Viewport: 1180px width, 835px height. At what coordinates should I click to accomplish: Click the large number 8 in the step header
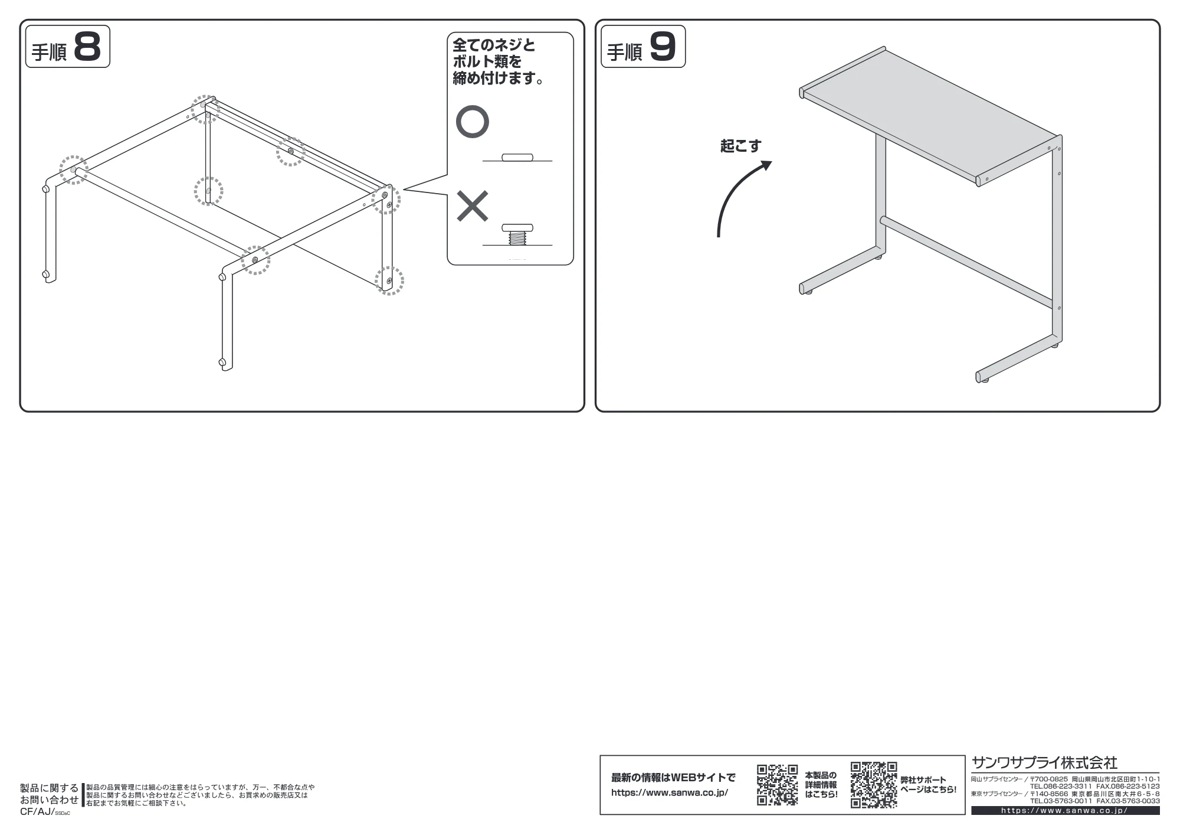coord(87,47)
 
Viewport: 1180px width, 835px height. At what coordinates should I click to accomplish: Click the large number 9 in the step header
coord(663,47)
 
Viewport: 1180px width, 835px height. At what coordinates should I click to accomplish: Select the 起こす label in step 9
coord(740,145)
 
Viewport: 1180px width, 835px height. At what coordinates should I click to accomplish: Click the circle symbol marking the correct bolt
coord(473,122)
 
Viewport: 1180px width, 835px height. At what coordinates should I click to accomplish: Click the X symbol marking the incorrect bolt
coord(473,206)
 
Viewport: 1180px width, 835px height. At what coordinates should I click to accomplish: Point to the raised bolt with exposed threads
coord(517,234)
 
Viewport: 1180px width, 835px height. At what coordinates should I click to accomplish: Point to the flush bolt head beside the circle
coord(517,157)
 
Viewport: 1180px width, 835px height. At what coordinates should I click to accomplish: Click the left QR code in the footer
coord(778,785)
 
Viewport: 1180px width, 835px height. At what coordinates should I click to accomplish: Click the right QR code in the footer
coord(874,785)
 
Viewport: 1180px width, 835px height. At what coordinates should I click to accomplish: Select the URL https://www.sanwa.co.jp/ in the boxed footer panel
coord(670,792)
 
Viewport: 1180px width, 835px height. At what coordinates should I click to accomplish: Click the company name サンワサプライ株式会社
coord(1044,762)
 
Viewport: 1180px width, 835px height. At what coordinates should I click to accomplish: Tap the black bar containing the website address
coord(1066,811)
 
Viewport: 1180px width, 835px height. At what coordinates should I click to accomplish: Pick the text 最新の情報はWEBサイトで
coord(673,778)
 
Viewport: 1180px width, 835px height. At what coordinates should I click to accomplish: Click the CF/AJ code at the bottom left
coord(45,812)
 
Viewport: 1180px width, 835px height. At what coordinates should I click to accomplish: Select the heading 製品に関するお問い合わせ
coord(50,794)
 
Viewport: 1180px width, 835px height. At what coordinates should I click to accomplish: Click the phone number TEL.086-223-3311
coord(1061,787)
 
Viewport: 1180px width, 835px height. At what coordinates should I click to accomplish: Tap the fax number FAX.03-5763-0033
coord(1128,801)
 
